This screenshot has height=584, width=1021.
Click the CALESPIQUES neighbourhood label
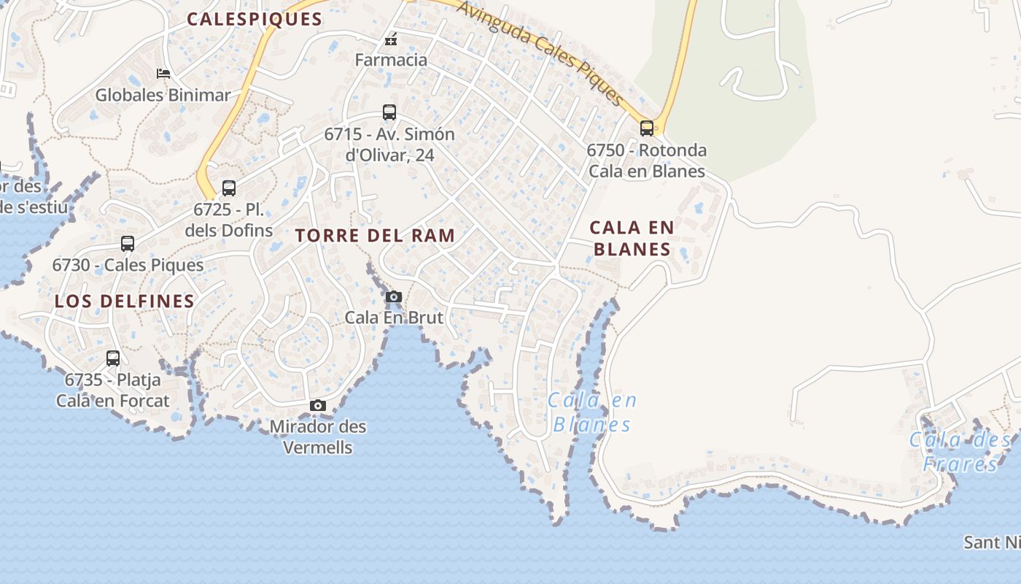click(x=255, y=20)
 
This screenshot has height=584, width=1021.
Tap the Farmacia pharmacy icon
click(x=391, y=39)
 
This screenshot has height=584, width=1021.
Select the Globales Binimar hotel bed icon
click(x=163, y=74)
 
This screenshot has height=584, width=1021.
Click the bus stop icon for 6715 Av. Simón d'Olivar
click(x=389, y=112)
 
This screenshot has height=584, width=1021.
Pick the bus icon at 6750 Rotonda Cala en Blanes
click(x=646, y=128)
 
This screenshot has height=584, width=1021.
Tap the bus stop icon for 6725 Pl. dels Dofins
click(x=229, y=188)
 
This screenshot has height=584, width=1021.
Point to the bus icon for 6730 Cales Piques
click(x=128, y=244)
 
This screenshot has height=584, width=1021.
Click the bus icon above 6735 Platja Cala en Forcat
click(x=113, y=358)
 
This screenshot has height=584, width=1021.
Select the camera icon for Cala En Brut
click(x=393, y=296)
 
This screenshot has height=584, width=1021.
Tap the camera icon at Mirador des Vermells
click(x=318, y=405)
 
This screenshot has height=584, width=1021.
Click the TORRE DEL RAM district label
click(x=376, y=236)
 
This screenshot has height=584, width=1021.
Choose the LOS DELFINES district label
click(x=125, y=301)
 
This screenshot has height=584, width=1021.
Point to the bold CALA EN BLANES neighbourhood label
click(x=632, y=239)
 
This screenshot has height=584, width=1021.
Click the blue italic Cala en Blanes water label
click(x=592, y=412)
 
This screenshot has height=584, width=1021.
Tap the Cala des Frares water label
click(x=960, y=452)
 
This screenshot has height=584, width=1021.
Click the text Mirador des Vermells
click(x=318, y=437)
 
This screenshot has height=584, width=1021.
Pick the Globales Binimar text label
click(x=163, y=95)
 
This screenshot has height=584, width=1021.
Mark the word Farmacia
click(x=391, y=60)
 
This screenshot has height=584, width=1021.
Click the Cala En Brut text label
click(x=394, y=318)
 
